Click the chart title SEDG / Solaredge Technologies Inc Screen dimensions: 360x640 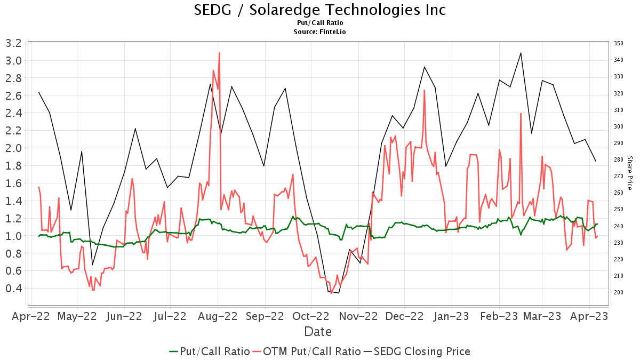319,10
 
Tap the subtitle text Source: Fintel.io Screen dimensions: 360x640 319,31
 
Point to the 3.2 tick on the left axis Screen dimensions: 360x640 14,43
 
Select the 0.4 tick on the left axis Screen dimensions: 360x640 14,289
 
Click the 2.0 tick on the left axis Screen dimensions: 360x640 14,148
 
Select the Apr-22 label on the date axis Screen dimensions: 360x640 31,316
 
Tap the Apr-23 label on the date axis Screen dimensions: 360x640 589,316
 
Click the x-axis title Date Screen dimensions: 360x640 318,332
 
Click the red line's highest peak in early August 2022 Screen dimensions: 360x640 219,53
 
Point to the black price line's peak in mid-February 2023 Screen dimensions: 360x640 521,53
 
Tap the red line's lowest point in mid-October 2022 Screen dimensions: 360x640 331,293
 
